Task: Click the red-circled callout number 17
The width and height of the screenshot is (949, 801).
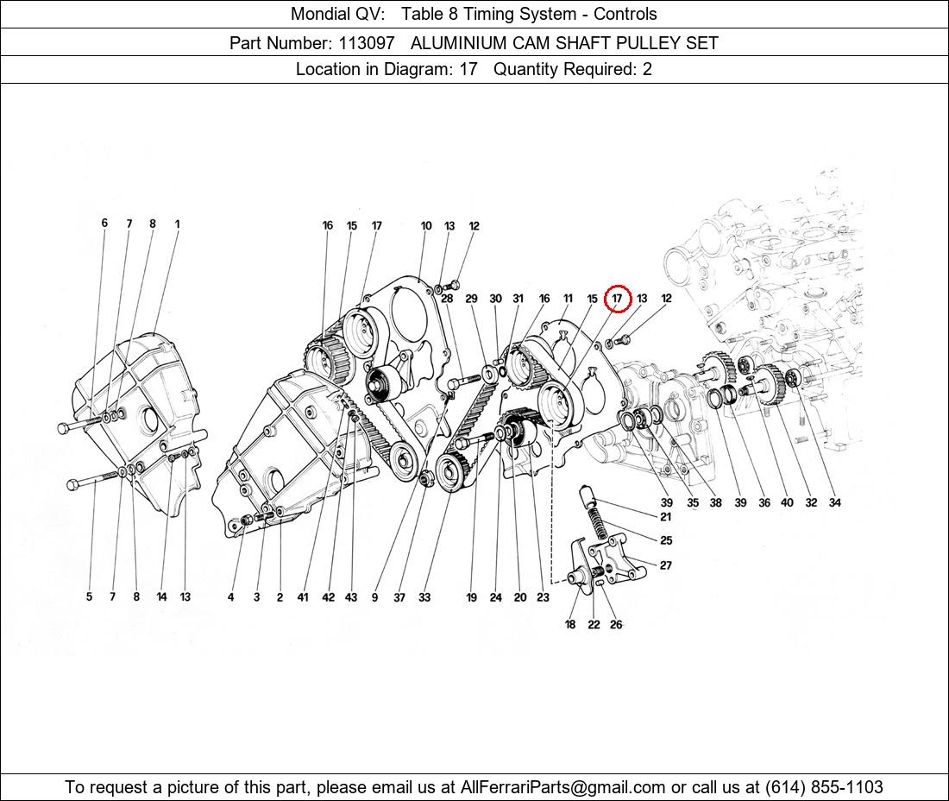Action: pyautogui.click(x=618, y=299)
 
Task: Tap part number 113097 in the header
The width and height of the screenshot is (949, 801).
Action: pyautogui.click(x=366, y=43)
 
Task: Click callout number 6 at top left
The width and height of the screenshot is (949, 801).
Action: pyautogui.click(x=104, y=224)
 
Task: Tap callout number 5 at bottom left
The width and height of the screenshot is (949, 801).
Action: pyautogui.click(x=89, y=597)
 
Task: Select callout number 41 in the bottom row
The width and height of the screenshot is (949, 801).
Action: pyautogui.click(x=303, y=597)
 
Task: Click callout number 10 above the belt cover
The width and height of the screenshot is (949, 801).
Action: pyautogui.click(x=426, y=226)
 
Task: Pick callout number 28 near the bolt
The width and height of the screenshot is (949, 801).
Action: pyautogui.click(x=447, y=299)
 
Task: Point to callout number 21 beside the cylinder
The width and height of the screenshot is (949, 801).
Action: pyautogui.click(x=666, y=517)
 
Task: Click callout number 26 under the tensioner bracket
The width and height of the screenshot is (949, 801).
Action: pyautogui.click(x=615, y=624)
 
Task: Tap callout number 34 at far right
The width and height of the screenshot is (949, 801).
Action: pyautogui.click(x=834, y=502)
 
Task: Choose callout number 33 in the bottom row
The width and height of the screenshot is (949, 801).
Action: pyautogui.click(x=424, y=597)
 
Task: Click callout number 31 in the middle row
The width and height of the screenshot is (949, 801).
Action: pyautogui.click(x=518, y=299)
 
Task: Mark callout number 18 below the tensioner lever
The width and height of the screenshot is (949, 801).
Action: pyautogui.click(x=570, y=624)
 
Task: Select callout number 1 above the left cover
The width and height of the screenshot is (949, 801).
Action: pyautogui.click(x=178, y=224)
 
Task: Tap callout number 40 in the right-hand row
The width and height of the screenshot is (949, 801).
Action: pyautogui.click(x=787, y=502)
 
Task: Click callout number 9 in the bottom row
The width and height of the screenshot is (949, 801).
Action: pyautogui.click(x=374, y=597)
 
